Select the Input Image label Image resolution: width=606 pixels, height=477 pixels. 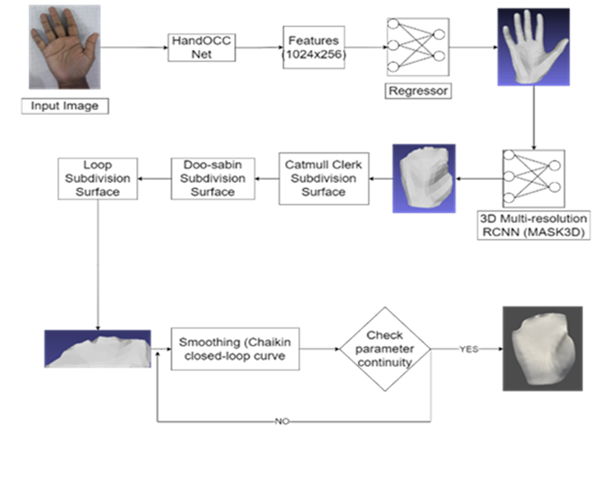pos(64,107)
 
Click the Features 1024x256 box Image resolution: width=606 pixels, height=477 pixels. pos(314,46)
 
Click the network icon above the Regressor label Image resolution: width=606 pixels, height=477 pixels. pos(418,46)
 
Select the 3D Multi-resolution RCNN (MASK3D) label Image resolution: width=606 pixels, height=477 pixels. pos(533,225)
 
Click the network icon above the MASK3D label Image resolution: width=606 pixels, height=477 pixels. pos(533,177)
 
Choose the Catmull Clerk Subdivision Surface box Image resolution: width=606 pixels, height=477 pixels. pos(323,178)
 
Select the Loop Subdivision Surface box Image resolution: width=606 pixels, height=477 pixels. pos(98,178)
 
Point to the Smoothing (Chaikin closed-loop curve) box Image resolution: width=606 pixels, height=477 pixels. pos(235,349)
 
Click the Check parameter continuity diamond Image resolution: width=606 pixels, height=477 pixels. pos(385,349)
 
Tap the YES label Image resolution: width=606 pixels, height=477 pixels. pos(469,349)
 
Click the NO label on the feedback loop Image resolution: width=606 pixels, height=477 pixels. pos(282,422)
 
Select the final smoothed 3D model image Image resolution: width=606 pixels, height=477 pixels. pos(542,348)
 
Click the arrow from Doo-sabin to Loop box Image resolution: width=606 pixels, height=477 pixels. pos(153,178)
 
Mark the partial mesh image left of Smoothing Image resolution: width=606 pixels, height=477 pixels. pos(98,349)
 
